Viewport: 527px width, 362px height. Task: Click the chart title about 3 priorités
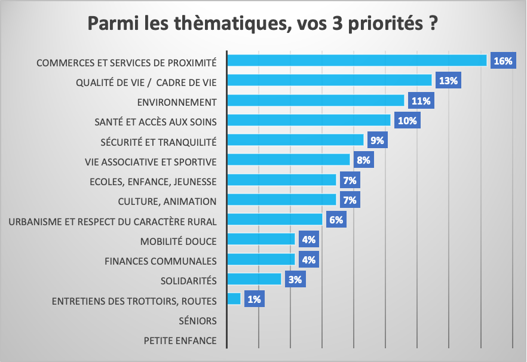263,25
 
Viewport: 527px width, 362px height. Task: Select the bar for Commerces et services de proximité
357,60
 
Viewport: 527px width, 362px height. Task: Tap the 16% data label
503,61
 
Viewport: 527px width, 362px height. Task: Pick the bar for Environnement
316,100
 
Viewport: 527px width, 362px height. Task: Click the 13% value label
448,81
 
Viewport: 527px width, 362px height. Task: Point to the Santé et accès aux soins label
155,121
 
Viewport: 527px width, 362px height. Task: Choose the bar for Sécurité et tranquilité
296,140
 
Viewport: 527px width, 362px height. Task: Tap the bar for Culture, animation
282,200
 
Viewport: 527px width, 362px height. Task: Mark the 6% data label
336,220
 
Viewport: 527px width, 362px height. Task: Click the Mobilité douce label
178,241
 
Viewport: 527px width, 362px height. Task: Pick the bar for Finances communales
262,259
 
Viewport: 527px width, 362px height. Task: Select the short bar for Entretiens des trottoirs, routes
235,299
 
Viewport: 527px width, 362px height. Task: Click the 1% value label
254,299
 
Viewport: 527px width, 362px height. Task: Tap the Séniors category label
197,321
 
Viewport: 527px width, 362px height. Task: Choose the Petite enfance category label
180,341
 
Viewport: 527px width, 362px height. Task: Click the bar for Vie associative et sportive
289,159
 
